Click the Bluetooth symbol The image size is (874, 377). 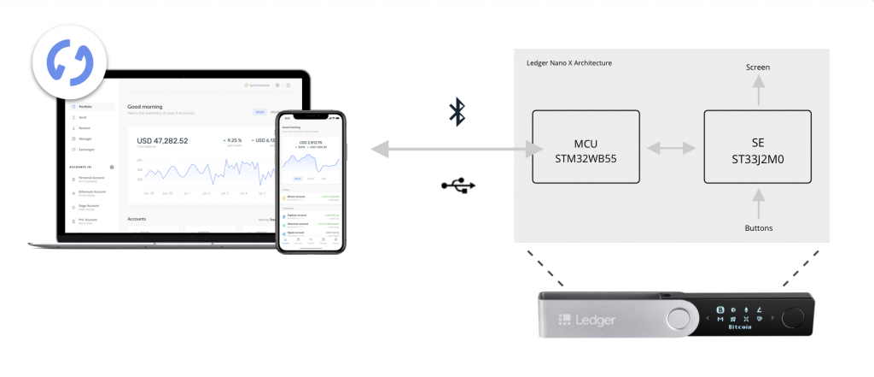pyautogui.click(x=457, y=112)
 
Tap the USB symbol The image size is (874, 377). pyautogui.click(x=459, y=185)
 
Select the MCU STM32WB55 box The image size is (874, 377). pyautogui.click(x=586, y=146)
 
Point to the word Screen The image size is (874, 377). pyautogui.click(x=758, y=67)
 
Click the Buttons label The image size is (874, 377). pyautogui.click(x=758, y=228)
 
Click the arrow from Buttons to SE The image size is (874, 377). pyautogui.click(x=758, y=202)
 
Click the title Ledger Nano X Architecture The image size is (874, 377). pyautogui.click(x=569, y=63)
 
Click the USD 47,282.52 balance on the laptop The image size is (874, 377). pyautogui.click(x=162, y=140)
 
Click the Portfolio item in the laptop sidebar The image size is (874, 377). pyautogui.click(x=85, y=107)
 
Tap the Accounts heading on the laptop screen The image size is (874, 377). pyautogui.click(x=137, y=219)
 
